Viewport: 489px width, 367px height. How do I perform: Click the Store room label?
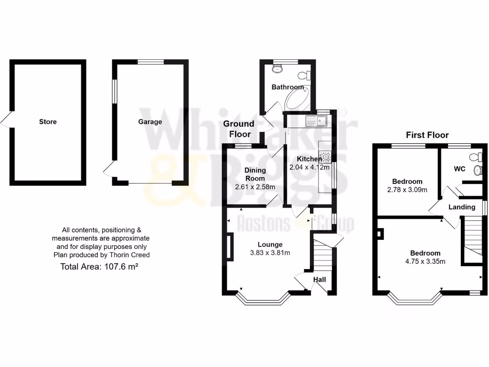coord(48,122)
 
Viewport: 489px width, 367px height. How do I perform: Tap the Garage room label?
coord(150,122)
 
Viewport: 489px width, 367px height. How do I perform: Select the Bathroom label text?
coord(287,87)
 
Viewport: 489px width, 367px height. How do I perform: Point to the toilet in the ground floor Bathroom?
coord(304,76)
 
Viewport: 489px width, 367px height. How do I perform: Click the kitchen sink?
coord(317,120)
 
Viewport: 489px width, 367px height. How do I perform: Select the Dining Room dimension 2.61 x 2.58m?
coord(255,187)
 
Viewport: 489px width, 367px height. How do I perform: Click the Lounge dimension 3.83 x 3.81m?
coord(270,253)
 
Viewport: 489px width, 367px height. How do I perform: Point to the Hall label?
coord(319,279)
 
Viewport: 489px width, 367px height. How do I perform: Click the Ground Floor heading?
coord(239,129)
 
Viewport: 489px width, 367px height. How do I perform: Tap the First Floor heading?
coord(427,135)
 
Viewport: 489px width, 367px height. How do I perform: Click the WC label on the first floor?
coord(459,169)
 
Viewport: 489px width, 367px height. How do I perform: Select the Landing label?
coord(462,207)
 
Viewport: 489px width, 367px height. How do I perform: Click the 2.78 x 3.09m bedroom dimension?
coord(407,190)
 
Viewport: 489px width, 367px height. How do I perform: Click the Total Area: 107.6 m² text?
coord(99,267)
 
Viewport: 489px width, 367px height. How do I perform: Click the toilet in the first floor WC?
coord(476,157)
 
